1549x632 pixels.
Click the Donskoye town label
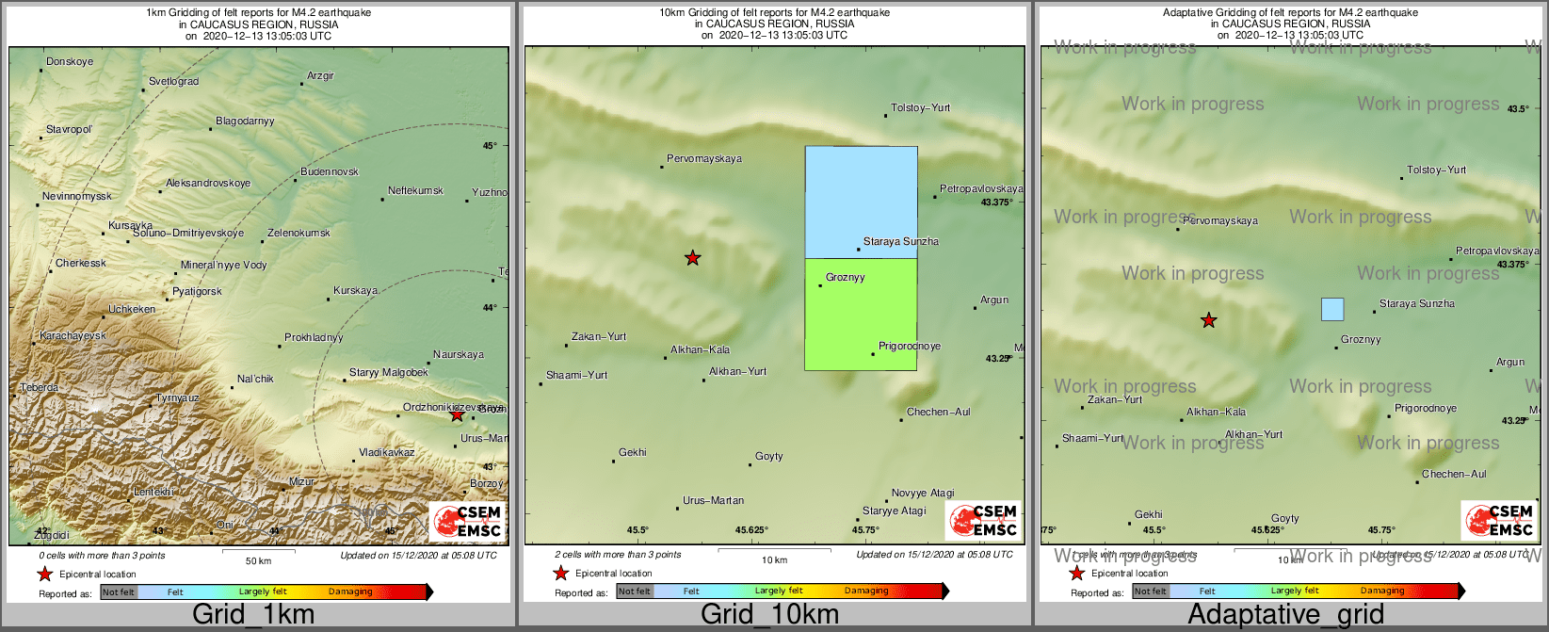[x=70, y=62]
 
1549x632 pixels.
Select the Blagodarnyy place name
[x=245, y=122]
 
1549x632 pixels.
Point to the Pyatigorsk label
[x=197, y=292]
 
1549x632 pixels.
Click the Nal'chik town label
[x=255, y=380]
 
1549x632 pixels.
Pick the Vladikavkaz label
[x=386, y=453]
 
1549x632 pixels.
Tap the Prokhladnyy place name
[x=314, y=338]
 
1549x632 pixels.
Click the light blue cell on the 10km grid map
[x=861, y=202]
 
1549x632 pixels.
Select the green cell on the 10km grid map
[x=861, y=314]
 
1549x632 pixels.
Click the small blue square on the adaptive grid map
[x=1331, y=309]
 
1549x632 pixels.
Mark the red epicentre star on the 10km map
[x=692, y=258]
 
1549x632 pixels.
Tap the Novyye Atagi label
[x=923, y=494]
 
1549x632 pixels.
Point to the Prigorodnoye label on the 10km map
[x=909, y=347]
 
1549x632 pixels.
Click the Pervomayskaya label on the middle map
[x=704, y=159]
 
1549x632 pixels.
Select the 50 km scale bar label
[x=258, y=561]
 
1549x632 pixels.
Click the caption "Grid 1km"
[x=253, y=615]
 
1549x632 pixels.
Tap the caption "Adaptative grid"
[x=1285, y=615]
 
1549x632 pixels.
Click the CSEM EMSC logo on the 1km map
[x=467, y=521]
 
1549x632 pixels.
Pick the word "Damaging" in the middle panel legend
[x=866, y=591]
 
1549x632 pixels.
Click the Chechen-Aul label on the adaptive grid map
[x=1454, y=475]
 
